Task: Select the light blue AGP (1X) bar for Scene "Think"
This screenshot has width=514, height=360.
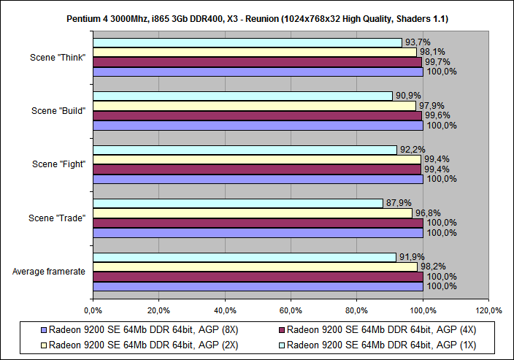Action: [x=248, y=42]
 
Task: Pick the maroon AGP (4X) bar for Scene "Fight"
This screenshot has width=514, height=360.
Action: [x=257, y=169]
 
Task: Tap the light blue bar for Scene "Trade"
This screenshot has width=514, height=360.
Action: [x=238, y=203]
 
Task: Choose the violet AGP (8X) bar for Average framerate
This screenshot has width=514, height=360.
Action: [x=258, y=286]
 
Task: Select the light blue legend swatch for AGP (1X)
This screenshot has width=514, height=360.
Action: [x=280, y=345]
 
